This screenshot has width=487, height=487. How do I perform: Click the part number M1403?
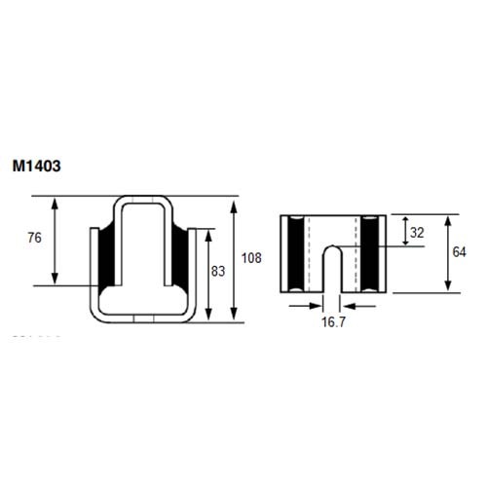[38, 167]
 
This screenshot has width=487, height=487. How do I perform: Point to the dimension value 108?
[250, 258]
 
